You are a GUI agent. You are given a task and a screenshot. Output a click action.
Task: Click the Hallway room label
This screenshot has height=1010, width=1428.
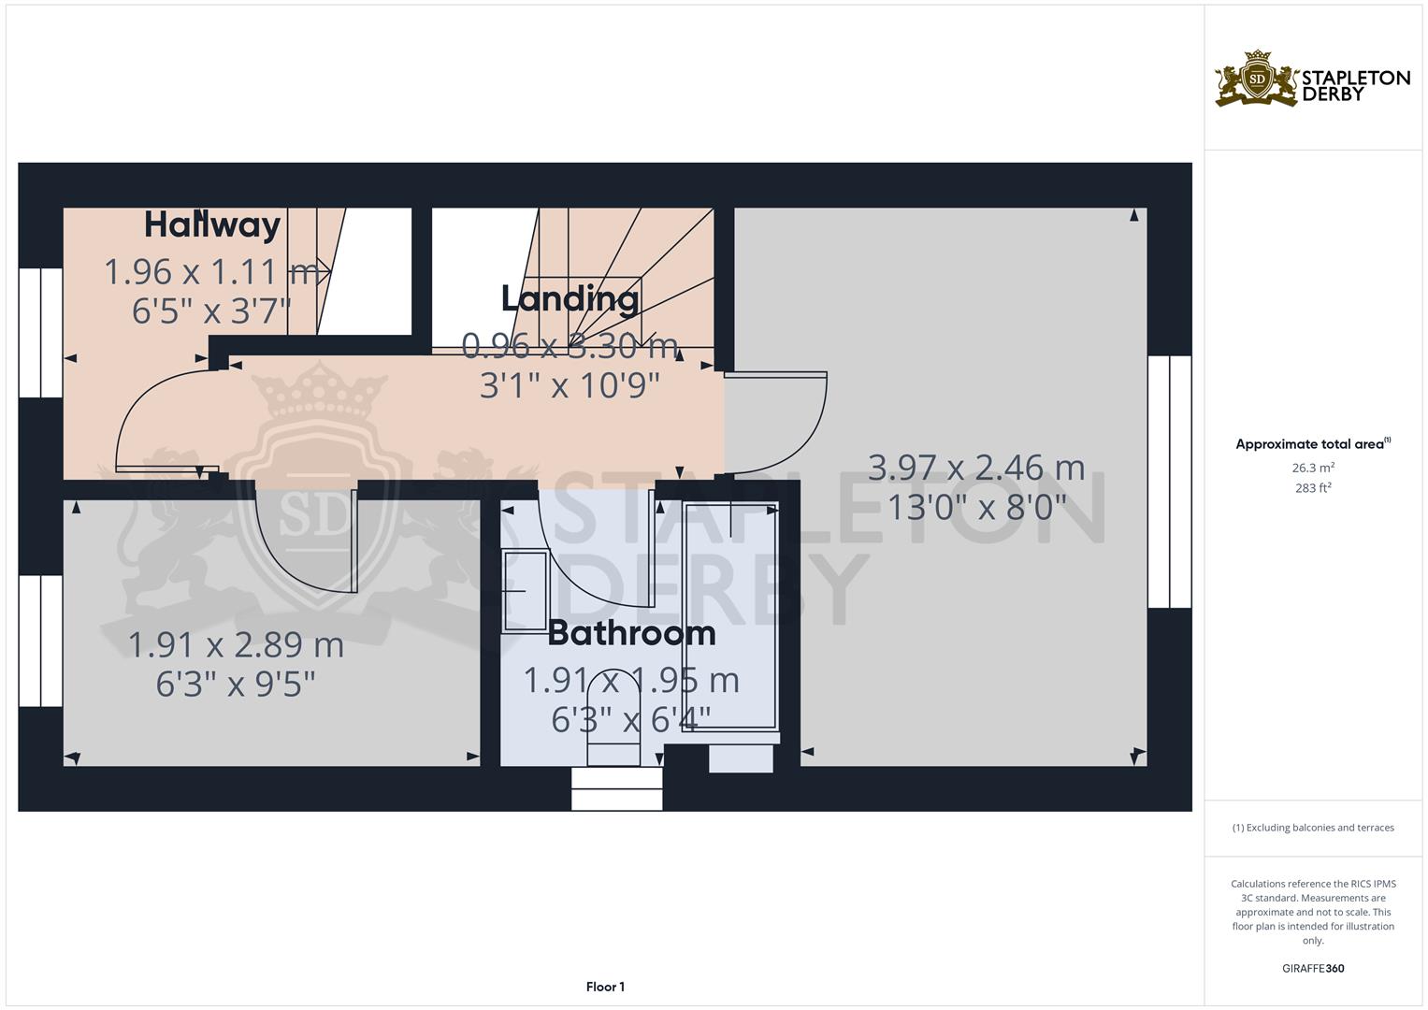click(212, 225)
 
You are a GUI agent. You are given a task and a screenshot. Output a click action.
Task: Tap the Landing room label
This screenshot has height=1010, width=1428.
click(570, 299)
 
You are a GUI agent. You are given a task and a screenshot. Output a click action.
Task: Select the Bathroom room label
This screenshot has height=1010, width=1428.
click(631, 633)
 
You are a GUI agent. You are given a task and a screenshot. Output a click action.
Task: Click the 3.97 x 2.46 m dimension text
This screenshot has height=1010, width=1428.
click(976, 468)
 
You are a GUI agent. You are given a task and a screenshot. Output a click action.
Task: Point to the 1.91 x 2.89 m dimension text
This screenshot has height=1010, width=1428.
click(236, 645)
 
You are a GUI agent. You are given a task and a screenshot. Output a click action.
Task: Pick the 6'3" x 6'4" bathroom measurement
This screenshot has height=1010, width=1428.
click(631, 719)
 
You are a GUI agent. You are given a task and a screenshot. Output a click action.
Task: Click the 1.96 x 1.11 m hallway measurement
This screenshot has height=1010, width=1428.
click(211, 272)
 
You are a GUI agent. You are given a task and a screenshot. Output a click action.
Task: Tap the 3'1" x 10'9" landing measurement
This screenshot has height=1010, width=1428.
click(570, 385)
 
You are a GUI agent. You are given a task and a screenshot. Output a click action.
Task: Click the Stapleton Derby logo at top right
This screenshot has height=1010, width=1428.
click(1312, 79)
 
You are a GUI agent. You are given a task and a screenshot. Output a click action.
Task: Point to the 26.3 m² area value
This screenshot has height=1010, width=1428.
click(1312, 468)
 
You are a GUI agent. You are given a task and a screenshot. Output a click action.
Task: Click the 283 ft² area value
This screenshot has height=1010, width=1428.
click(1312, 488)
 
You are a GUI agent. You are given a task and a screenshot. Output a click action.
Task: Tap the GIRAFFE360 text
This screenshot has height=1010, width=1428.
click(1312, 968)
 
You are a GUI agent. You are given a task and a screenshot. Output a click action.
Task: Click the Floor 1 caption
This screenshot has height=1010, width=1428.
click(605, 987)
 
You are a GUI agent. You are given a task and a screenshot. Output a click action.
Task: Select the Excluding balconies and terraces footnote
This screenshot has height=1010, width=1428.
click(1312, 828)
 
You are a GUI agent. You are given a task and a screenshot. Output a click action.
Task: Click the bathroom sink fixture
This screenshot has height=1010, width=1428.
click(525, 591)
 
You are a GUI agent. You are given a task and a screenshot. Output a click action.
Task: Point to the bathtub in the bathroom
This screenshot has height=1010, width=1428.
click(730, 617)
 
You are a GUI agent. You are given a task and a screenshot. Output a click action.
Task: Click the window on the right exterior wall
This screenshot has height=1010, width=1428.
click(1169, 482)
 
